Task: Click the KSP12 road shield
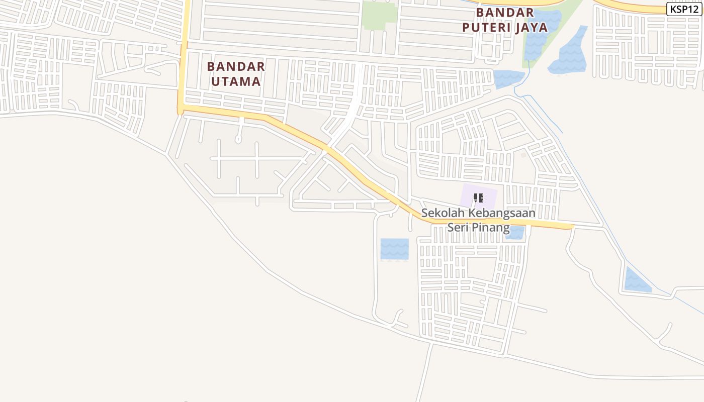(x=684, y=9)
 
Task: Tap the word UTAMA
(x=236, y=81)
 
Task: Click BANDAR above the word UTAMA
(x=236, y=66)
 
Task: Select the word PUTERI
(x=487, y=27)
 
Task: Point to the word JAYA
(x=531, y=27)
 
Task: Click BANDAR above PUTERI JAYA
(x=505, y=12)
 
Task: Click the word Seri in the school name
(x=458, y=228)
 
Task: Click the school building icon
(x=479, y=197)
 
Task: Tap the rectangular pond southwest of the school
(x=394, y=249)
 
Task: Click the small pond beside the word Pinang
(x=517, y=233)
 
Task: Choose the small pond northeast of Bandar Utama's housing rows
(x=508, y=78)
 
